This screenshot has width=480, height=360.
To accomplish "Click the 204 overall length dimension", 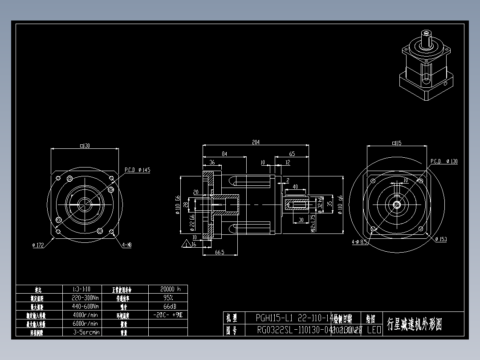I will [x=256, y=143].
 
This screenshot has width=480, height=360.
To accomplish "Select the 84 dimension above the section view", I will [x=224, y=154].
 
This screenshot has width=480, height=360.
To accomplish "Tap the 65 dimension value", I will [x=292, y=154].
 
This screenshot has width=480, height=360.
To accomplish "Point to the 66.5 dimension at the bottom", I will [x=219, y=252].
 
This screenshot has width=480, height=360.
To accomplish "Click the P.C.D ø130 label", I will [x=444, y=161].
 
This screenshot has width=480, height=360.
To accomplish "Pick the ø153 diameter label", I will [x=440, y=239].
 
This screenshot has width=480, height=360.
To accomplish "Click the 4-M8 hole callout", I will [x=127, y=245].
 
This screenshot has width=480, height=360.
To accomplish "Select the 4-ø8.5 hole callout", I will [x=359, y=242].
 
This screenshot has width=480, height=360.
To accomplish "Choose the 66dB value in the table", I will [x=168, y=307].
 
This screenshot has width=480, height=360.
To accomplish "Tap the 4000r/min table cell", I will [x=85, y=315].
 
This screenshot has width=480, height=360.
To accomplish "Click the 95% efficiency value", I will [x=168, y=298].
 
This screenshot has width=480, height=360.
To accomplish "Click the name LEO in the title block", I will [x=374, y=330].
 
